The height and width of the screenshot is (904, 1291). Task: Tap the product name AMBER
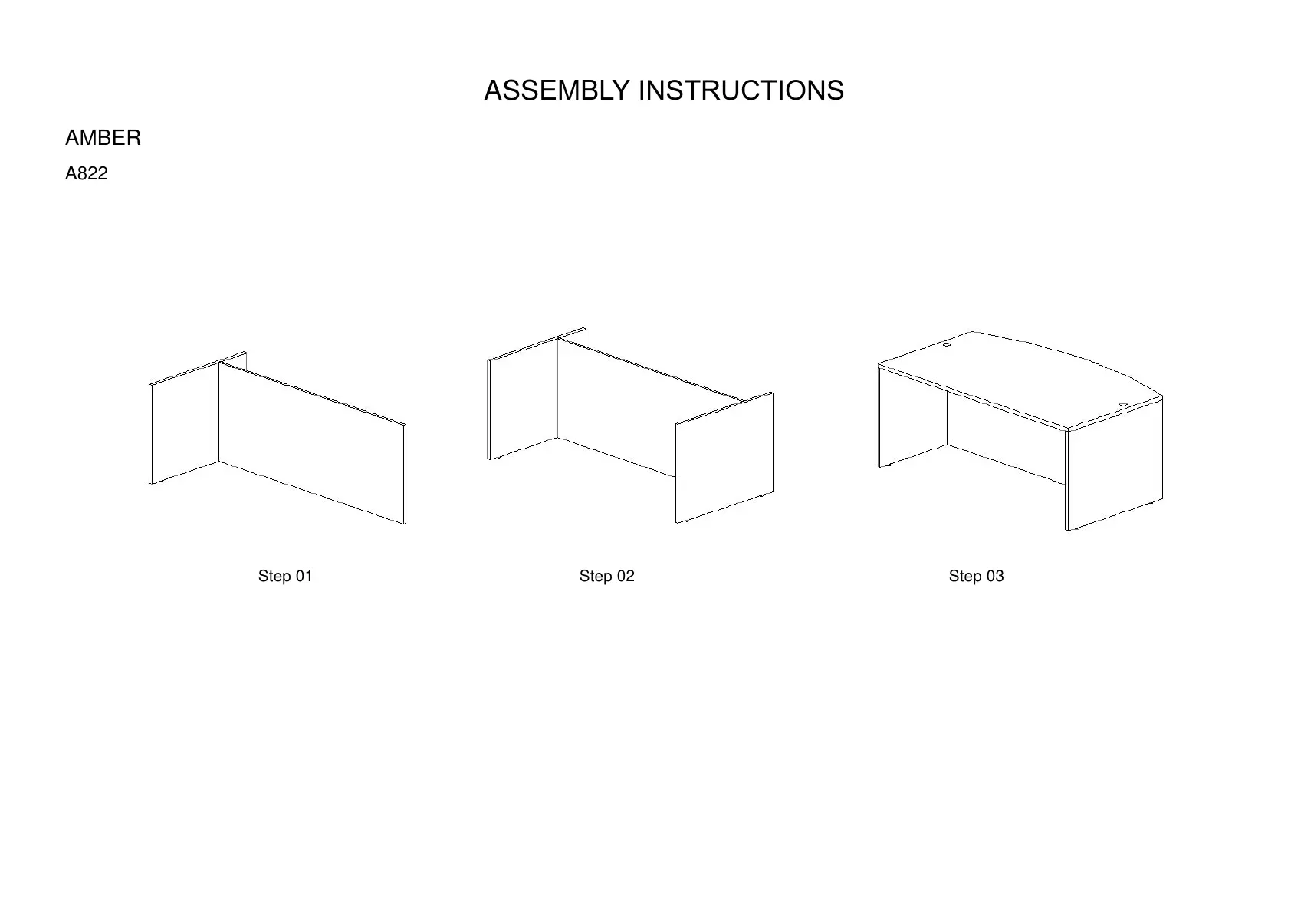tap(103, 138)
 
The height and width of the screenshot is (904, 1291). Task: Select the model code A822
tap(86, 173)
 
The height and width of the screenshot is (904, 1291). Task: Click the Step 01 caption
tap(285, 576)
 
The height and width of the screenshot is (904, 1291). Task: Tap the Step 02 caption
tap(606, 576)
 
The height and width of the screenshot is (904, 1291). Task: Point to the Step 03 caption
tap(976, 576)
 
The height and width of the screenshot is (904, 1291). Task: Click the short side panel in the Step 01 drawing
tap(184, 422)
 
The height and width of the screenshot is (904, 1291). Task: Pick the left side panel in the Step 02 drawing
tap(522, 399)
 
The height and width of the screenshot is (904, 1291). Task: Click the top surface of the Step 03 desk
tap(1020, 376)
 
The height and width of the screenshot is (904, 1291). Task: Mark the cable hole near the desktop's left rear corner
tap(947, 345)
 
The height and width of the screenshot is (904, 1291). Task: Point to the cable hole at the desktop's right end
tap(1123, 404)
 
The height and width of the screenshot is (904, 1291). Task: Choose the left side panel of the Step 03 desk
tap(912, 418)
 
